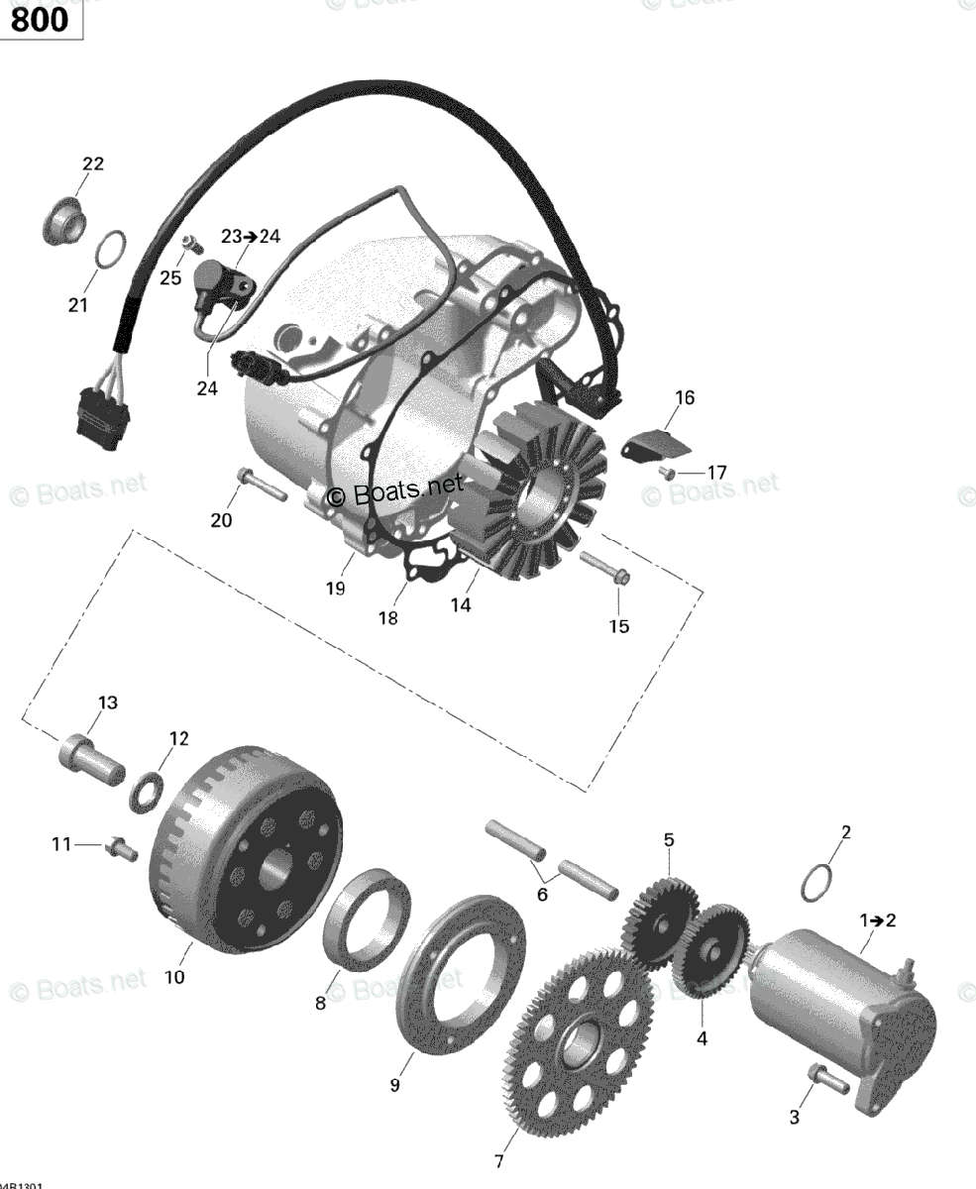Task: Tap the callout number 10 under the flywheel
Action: coord(174,977)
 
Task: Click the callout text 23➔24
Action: coord(251,237)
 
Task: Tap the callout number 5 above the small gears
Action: coord(669,839)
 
